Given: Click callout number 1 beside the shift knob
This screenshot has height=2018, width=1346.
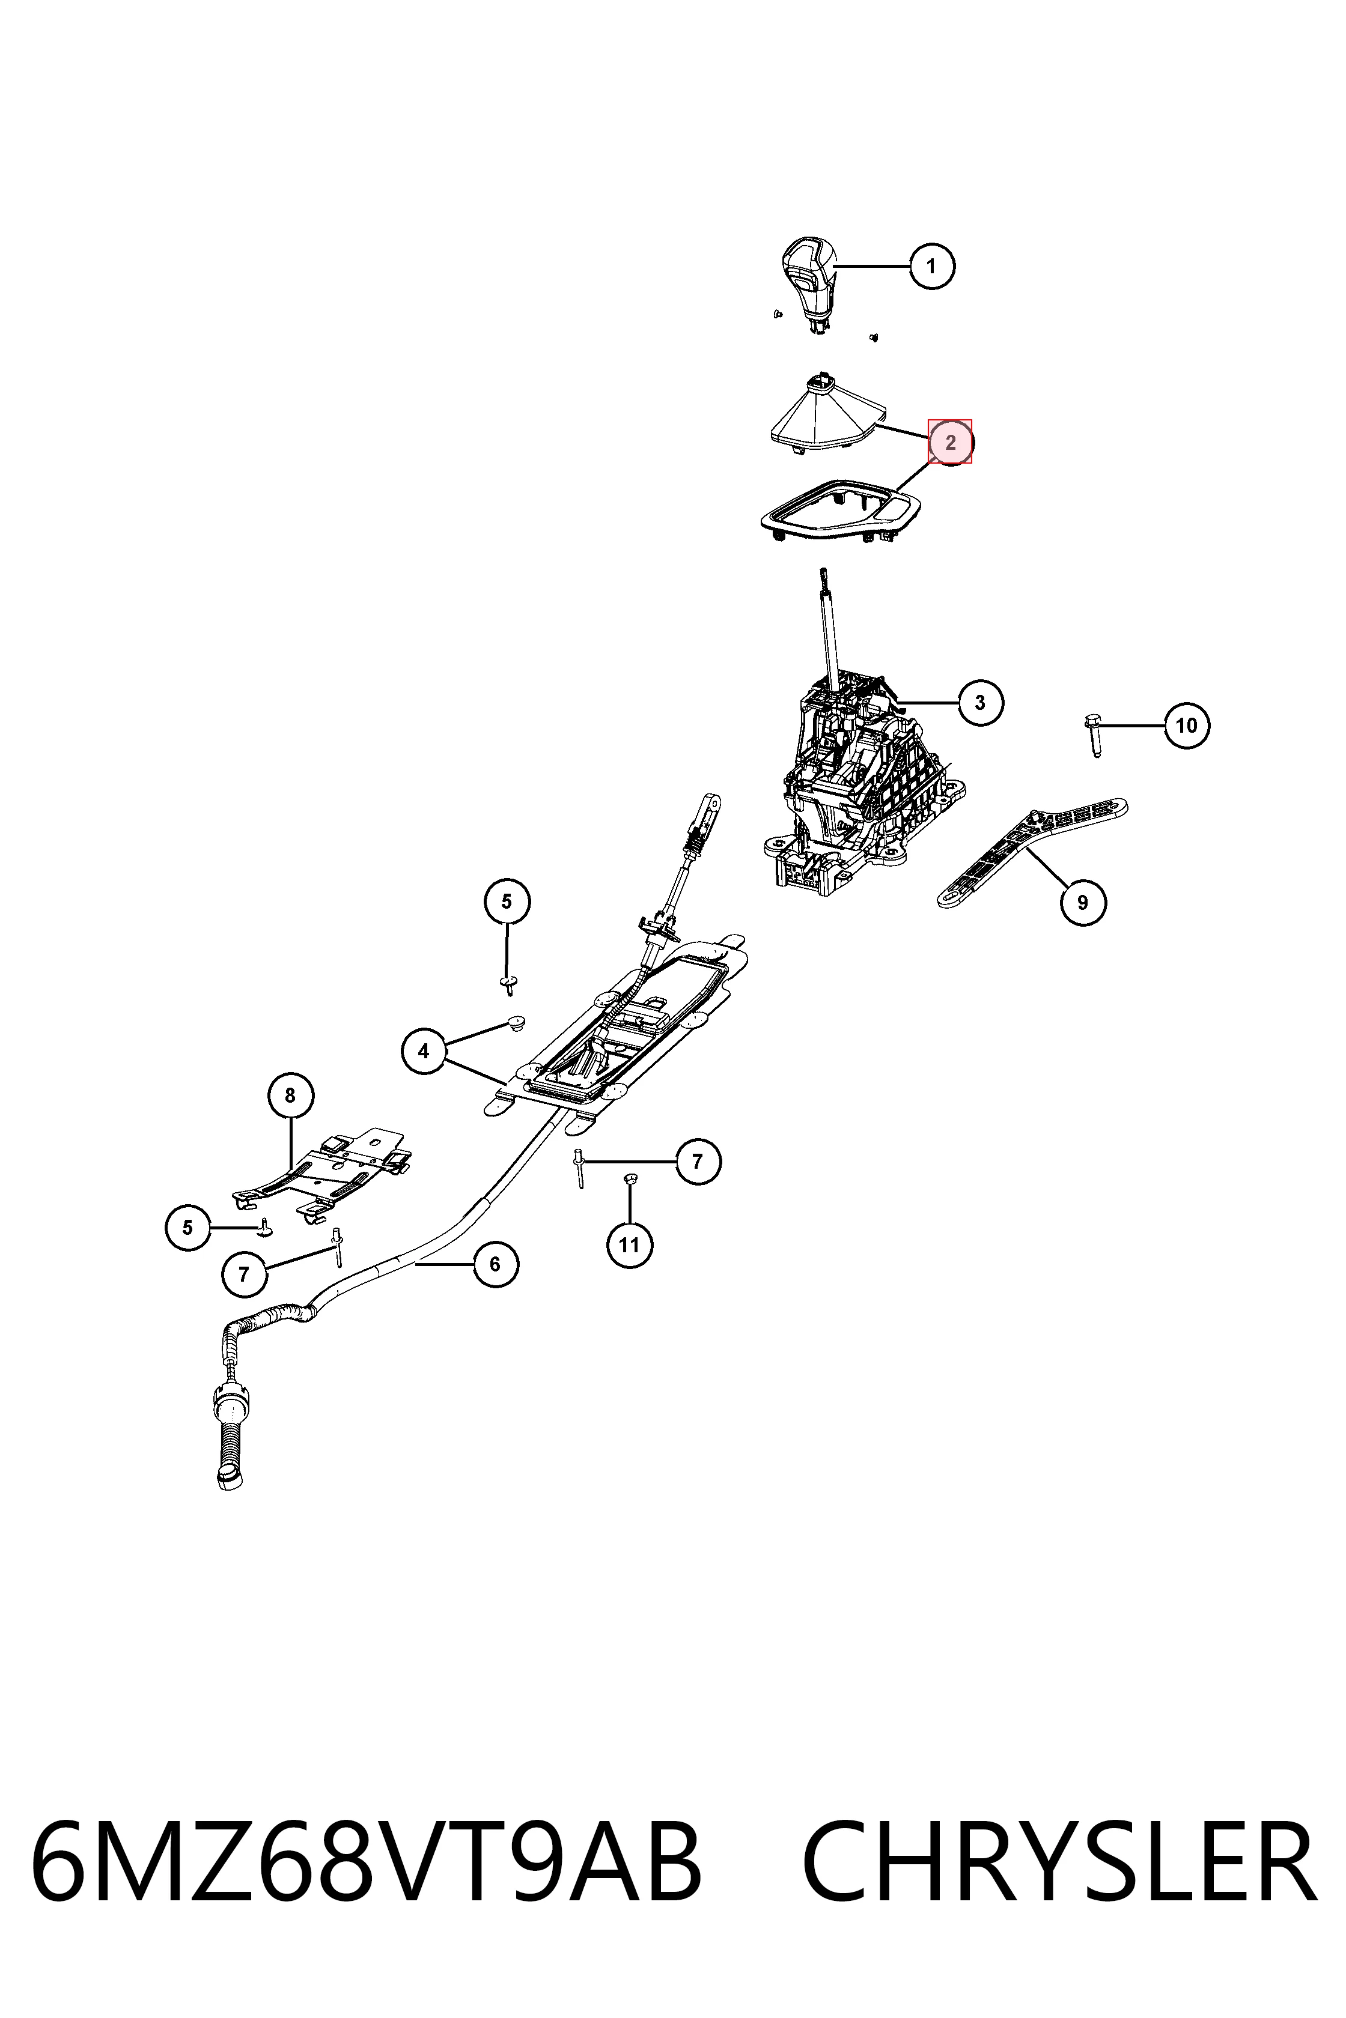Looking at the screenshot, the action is [x=932, y=266].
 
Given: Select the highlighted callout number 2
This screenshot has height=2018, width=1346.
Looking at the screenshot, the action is [x=950, y=442].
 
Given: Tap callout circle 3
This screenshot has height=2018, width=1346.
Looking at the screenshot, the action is [x=979, y=703].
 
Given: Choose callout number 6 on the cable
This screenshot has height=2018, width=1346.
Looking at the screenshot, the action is [x=495, y=1264].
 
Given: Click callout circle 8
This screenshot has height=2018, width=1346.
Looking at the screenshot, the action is [x=290, y=1095].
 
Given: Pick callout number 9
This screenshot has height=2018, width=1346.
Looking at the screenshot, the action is [x=1082, y=903].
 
